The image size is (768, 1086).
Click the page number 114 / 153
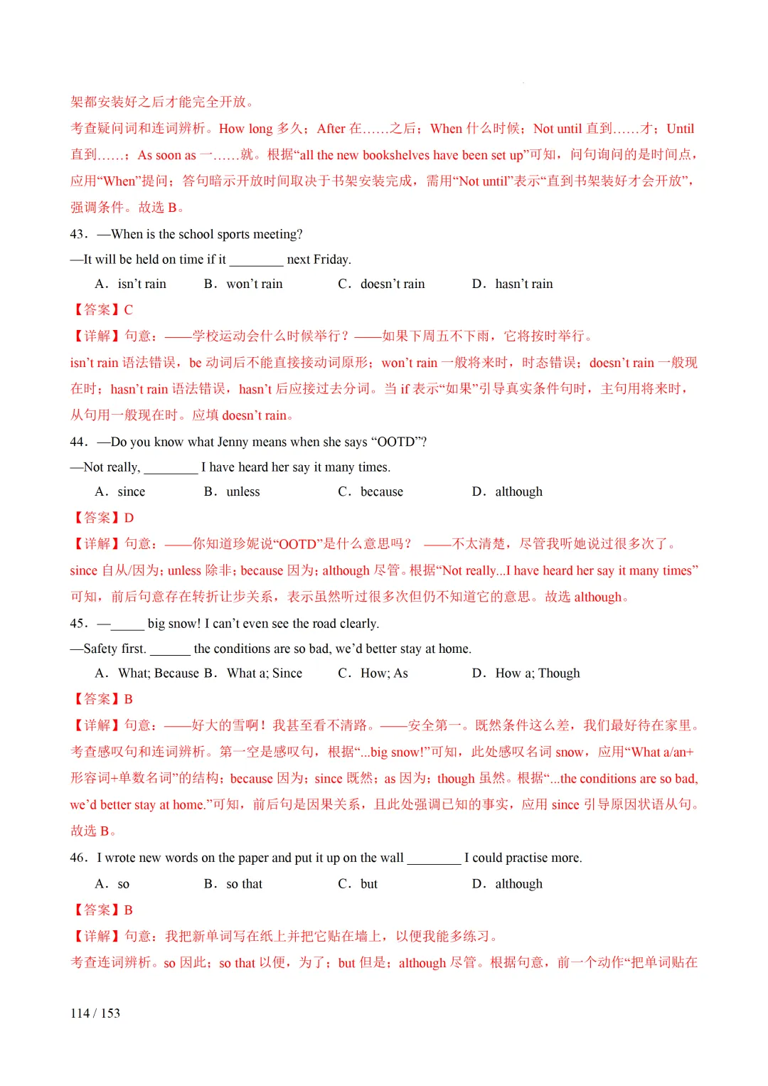(95, 1013)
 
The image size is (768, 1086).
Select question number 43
(78, 234)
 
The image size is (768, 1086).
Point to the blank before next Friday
(256, 260)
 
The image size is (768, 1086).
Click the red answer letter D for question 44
(129, 518)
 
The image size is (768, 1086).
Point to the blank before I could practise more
(434, 858)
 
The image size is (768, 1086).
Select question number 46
(78, 858)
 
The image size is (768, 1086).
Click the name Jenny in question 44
(232, 442)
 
